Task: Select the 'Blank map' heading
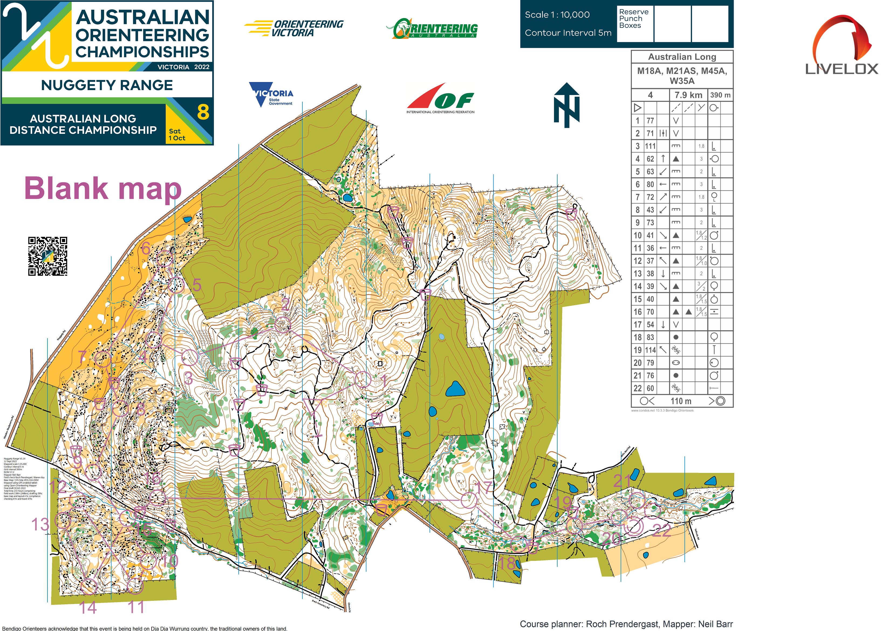point(103,189)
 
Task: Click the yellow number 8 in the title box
point(203,112)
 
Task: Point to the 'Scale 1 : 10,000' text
point(557,15)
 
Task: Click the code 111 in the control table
point(650,146)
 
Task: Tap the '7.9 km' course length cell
point(688,95)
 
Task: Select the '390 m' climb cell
point(720,95)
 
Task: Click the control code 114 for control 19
point(650,350)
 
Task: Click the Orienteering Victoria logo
point(294,28)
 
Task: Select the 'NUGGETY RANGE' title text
point(107,85)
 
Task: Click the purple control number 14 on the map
point(88,607)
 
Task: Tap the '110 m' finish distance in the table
point(681,401)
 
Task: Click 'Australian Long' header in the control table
point(682,57)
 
